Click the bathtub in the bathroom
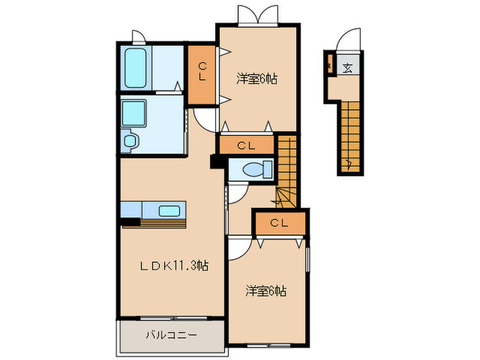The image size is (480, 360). tap(136, 67)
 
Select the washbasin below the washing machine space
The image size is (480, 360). tap(130, 141)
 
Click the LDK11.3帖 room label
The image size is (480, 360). tap(176, 267)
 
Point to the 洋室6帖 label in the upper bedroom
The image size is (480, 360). tap(258, 79)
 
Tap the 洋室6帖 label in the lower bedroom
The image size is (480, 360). tap(267, 291)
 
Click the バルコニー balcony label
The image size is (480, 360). tap(171, 335)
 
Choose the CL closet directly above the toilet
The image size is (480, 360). tap(246, 145)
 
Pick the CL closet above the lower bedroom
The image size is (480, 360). tap(278, 223)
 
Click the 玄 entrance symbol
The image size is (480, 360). tap(348, 67)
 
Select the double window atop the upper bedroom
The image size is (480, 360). tap(258, 14)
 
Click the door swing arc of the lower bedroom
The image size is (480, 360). tap(239, 248)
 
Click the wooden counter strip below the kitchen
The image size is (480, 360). tap(163, 222)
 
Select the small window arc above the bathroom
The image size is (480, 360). tap(137, 36)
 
